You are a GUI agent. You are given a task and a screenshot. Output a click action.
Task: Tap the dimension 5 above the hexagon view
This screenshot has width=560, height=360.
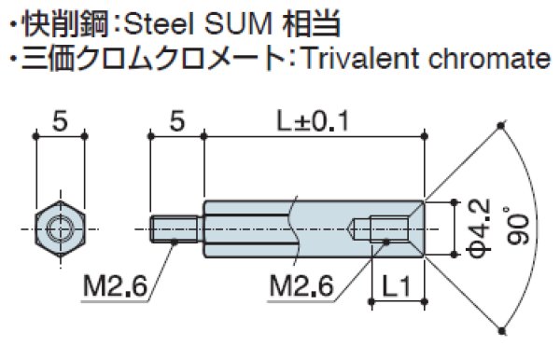tap(61, 121)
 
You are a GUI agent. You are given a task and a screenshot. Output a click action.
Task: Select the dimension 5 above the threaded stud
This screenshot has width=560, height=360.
tap(175, 121)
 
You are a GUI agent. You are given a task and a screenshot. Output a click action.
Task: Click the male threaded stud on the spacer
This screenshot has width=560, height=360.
tap(175, 227)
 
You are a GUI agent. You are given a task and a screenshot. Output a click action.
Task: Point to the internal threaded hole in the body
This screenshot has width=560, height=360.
tap(385, 227)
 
